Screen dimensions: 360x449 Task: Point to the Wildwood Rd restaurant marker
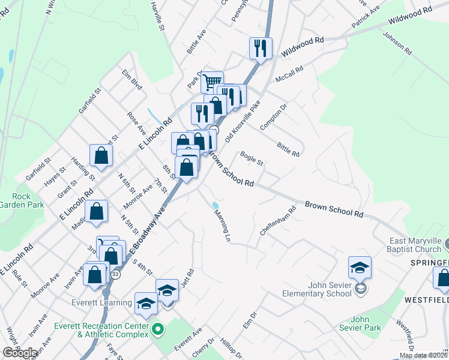point(261,48)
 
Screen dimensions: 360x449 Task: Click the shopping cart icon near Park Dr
point(211,82)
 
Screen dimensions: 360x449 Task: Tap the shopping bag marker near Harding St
point(101,155)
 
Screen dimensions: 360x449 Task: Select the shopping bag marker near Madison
point(96,211)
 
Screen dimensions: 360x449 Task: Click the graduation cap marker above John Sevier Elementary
point(360,267)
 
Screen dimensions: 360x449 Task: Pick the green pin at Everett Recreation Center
point(158,329)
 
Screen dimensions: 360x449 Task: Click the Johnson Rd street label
point(397,43)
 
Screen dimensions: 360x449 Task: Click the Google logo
point(20,353)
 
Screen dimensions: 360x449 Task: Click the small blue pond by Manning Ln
point(215,206)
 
